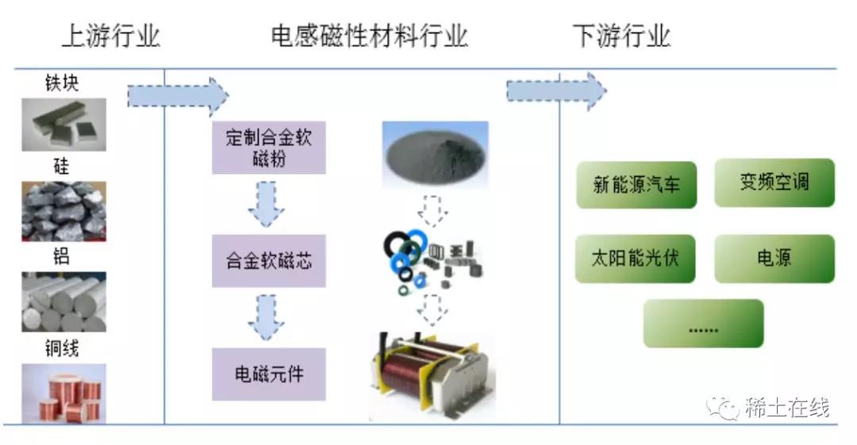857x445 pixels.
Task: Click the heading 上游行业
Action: click(x=110, y=36)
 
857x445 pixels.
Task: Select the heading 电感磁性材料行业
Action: click(x=369, y=36)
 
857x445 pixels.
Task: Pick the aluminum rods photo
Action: click(x=63, y=302)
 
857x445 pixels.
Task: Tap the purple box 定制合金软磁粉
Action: click(x=268, y=148)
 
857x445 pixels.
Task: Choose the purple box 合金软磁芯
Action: click(x=268, y=260)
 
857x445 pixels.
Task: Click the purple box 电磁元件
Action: click(x=268, y=374)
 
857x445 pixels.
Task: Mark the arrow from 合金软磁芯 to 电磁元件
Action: click(x=267, y=316)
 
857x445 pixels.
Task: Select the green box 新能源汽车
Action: click(x=636, y=185)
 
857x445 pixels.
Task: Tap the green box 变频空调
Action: click(x=774, y=182)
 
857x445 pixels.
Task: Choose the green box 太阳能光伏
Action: click(x=636, y=259)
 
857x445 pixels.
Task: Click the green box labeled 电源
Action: click(x=774, y=259)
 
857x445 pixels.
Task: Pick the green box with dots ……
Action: click(x=703, y=324)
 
